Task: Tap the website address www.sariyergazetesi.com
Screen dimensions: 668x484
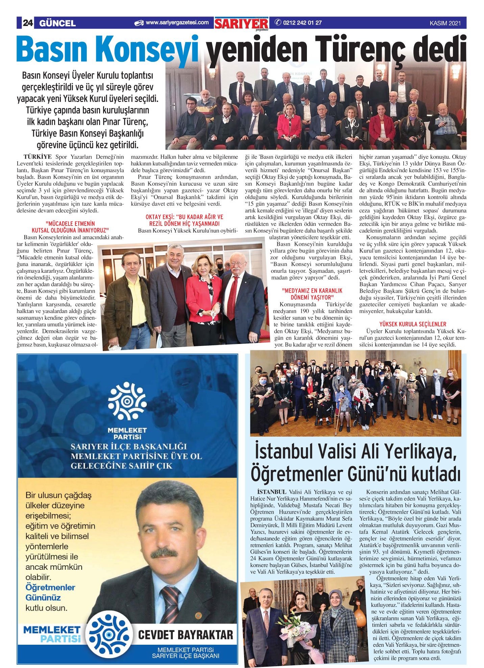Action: point(177,23)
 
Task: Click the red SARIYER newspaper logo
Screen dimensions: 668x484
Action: point(242,24)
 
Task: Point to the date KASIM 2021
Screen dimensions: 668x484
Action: point(445,23)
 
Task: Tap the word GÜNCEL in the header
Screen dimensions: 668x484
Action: point(57,23)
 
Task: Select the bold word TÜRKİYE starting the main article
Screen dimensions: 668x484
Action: point(38,157)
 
